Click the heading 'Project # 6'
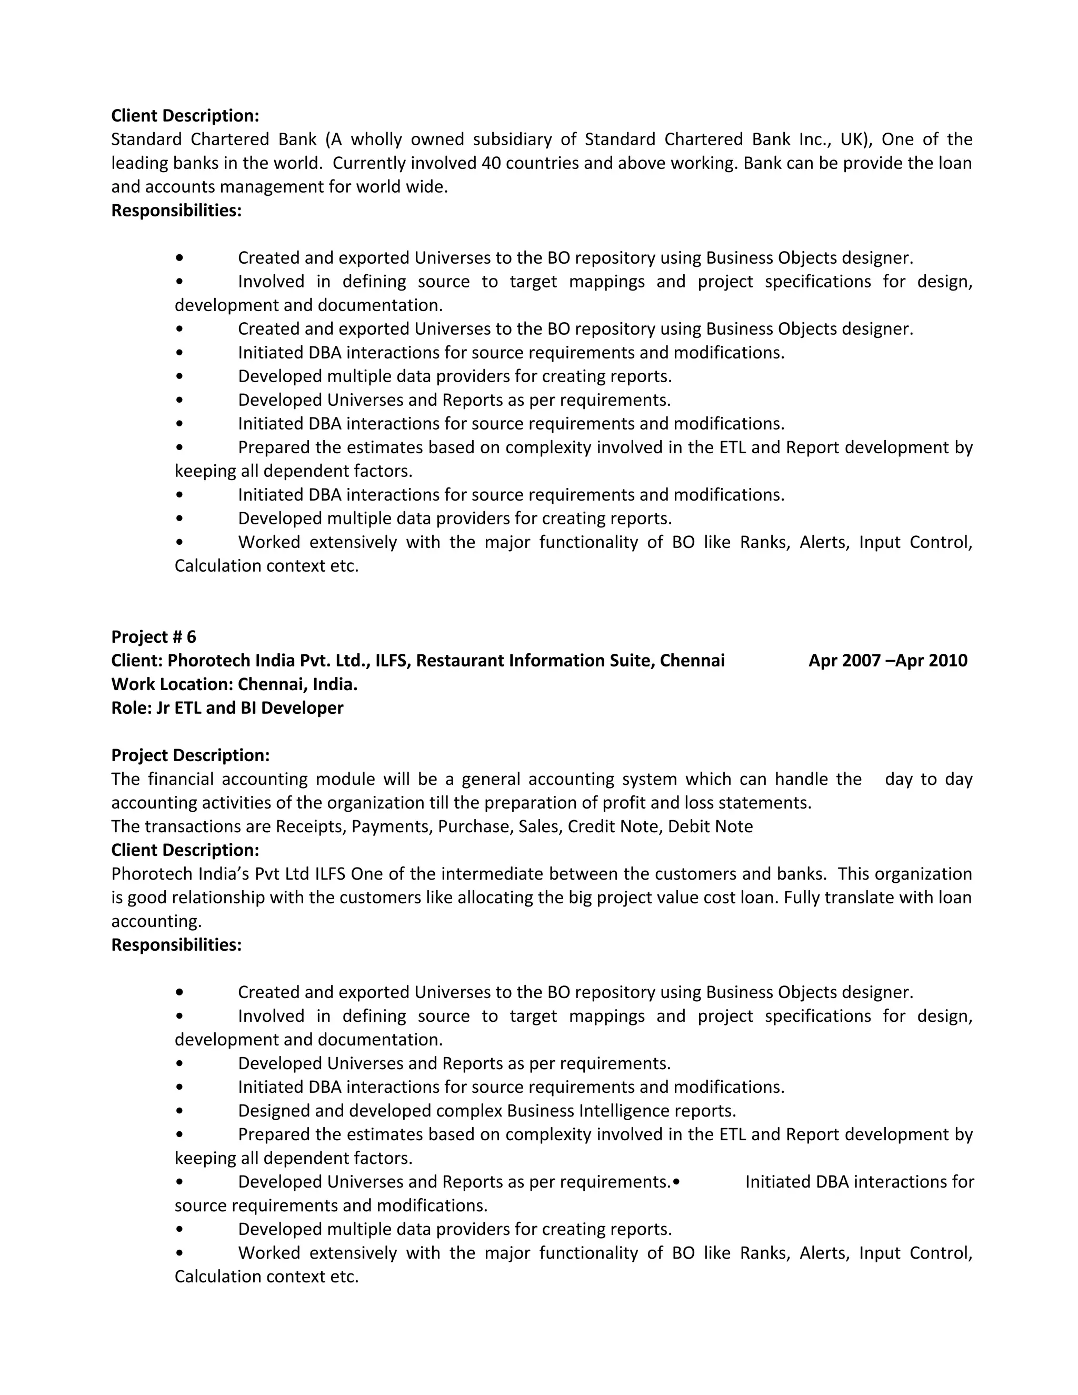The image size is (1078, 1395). [153, 637]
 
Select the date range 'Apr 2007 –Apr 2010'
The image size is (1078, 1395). [887, 661]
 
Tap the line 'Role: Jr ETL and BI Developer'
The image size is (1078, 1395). [227, 708]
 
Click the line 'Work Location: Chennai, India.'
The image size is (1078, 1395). [234, 684]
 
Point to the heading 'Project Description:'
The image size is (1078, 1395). [191, 755]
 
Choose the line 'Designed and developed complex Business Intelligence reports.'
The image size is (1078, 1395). [487, 1111]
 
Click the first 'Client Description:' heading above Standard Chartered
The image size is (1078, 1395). [185, 116]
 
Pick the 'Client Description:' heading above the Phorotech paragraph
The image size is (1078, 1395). [185, 850]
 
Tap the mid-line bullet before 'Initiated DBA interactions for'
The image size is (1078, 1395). [676, 1182]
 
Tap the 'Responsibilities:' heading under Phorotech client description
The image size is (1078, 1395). [176, 945]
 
